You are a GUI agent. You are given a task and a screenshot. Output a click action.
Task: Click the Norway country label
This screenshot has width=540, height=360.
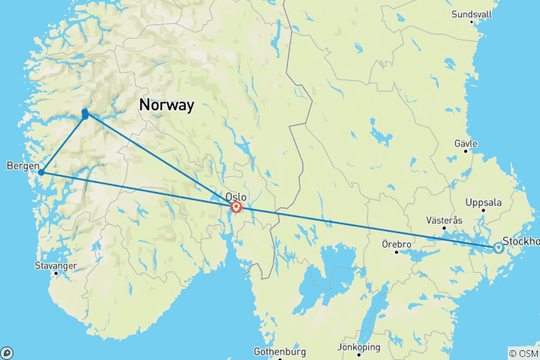click(x=166, y=105)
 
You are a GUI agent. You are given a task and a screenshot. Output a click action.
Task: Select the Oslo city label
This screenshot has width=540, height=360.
click(x=235, y=197)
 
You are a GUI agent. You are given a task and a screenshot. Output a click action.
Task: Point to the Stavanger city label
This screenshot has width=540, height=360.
click(x=55, y=265)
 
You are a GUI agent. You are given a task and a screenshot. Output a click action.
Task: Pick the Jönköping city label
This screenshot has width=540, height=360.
click(x=359, y=347)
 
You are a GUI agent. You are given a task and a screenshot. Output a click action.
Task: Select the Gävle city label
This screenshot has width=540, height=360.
click(x=465, y=142)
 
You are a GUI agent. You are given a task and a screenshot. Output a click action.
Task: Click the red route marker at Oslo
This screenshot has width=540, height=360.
click(x=236, y=207)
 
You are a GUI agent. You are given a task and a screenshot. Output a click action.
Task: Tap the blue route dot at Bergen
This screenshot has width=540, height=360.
click(x=41, y=172)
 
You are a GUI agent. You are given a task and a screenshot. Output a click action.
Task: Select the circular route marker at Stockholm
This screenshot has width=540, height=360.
click(x=498, y=247)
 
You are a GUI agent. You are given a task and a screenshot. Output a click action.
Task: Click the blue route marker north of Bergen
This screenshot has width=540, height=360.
click(x=85, y=114)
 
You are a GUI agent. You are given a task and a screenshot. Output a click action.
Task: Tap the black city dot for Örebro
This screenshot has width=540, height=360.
click(x=397, y=252)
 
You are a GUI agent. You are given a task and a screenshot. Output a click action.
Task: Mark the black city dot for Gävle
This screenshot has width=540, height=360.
click(x=465, y=151)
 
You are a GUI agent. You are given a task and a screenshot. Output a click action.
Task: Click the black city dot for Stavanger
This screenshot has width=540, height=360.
click(x=55, y=273)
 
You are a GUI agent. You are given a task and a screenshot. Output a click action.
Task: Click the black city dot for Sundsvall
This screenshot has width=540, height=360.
click(x=472, y=22)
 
